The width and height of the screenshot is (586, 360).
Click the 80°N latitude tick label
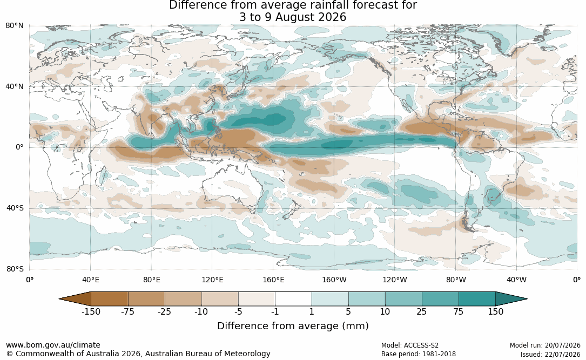pyautogui.click(x=15, y=26)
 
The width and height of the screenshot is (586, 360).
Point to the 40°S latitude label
pyautogui.click(x=15, y=208)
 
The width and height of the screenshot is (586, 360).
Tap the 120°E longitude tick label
pyautogui.click(x=212, y=280)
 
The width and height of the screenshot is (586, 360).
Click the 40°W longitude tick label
pyautogui.click(x=517, y=280)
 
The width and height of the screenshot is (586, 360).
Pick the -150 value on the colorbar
pyautogui.click(x=91, y=311)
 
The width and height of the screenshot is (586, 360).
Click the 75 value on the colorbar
pyautogui.click(x=459, y=311)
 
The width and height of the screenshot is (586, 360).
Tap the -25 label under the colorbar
pyautogui.click(x=164, y=311)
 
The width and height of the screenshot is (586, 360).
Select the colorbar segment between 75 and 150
pyautogui.click(x=477, y=299)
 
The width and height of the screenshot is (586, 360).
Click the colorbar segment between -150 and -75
pyautogui.click(x=109, y=299)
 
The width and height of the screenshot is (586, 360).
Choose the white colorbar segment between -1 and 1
pyautogui.click(x=293, y=299)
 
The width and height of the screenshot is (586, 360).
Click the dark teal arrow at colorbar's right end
pyautogui.click(x=510, y=299)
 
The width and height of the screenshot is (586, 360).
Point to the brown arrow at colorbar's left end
pyautogui.click(x=75, y=299)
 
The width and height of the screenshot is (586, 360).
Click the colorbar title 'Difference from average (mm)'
pyautogui.click(x=293, y=326)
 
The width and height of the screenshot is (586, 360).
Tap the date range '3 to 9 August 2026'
pyautogui.click(x=293, y=17)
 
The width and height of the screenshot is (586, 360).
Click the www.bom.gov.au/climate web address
pyautogui.click(x=53, y=345)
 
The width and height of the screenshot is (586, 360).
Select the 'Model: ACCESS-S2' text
pyautogui.click(x=410, y=345)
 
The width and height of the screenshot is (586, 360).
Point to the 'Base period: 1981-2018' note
pyautogui.click(x=419, y=354)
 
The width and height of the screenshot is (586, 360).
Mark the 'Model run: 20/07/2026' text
pyautogui.click(x=545, y=345)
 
